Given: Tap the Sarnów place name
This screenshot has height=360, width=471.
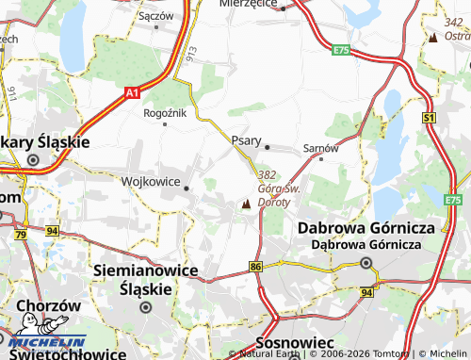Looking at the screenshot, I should [x=320, y=148].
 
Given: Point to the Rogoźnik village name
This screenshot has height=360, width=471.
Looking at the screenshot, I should [x=165, y=113].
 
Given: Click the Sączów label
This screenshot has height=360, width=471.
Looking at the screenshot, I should [x=155, y=16].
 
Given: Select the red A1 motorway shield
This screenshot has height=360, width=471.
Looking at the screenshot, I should [x=132, y=92].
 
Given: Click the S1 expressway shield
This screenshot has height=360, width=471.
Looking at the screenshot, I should [x=429, y=117].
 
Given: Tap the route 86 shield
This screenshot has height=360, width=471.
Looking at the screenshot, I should [x=256, y=268].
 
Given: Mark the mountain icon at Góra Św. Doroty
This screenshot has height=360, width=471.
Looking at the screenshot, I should [x=247, y=204].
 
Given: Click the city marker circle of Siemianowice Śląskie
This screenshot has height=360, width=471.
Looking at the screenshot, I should [x=146, y=306].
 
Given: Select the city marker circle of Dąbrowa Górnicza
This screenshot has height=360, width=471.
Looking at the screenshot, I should [x=365, y=263].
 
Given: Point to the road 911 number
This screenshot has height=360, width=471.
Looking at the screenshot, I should [x=12, y=93].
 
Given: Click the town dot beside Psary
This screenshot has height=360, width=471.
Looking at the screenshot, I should [x=268, y=147].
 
